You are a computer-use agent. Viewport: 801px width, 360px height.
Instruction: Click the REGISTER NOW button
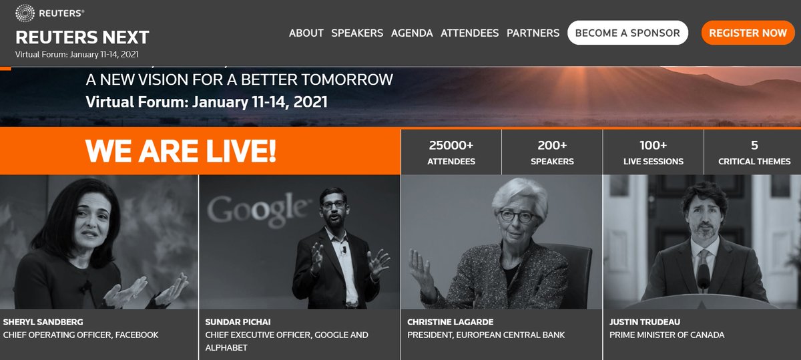coord(748,33)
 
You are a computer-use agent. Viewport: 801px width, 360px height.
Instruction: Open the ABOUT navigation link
coord(306,33)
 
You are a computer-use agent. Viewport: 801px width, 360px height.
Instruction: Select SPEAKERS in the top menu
coord(357,33)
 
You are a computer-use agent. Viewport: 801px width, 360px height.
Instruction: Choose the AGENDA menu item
coord(412,33)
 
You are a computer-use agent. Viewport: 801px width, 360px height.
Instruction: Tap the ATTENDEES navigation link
coord(469,33)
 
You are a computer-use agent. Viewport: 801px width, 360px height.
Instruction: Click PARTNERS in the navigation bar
coord(533,33)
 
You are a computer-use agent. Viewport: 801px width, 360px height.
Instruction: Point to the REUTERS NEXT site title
coord(82,37)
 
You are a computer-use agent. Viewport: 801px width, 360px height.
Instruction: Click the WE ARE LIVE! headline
coord(180,152)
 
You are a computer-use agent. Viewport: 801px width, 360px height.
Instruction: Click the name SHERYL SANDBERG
coord(43,322)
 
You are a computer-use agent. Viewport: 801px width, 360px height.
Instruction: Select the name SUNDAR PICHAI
coord(237,322)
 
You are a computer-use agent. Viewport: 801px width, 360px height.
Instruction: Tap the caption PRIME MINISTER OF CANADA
coord(667,335)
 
